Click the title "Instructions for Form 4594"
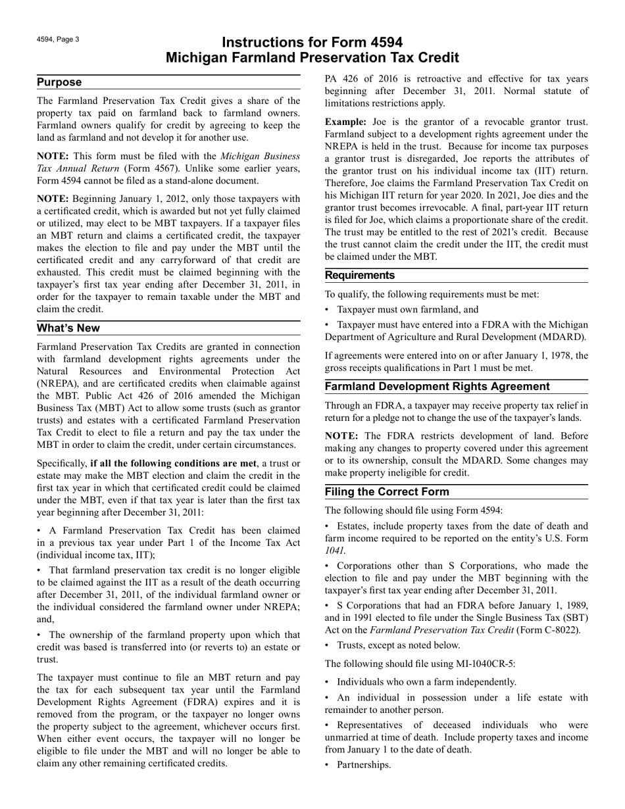point(312,43)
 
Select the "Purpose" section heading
point(59,82)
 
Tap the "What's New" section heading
point(68,328)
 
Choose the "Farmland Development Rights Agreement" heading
point(436,386)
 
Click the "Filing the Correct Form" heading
point(387,492)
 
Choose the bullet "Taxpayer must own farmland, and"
point(407,310)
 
